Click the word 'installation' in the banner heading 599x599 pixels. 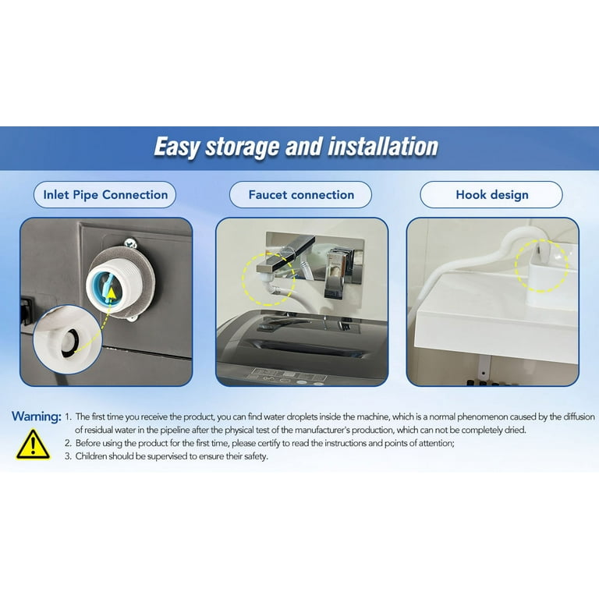coord(383,147)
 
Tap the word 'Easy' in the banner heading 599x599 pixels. coord(176,147)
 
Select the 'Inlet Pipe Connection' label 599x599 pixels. coord(105,195)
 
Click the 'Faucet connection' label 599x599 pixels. coord(301,195)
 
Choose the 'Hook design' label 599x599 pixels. coord(492,195)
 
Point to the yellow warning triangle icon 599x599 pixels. coord(34,445)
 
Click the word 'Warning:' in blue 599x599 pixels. coord(37,416)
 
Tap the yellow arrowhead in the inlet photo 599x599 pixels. coord(112,293)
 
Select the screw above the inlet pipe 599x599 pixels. coord(131,243)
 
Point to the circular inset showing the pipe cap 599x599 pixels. coord(67,339)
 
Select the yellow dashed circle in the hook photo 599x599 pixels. coord(541,265)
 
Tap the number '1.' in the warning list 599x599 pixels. coord(68,416)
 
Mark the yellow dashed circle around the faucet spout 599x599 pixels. coord(268,279)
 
